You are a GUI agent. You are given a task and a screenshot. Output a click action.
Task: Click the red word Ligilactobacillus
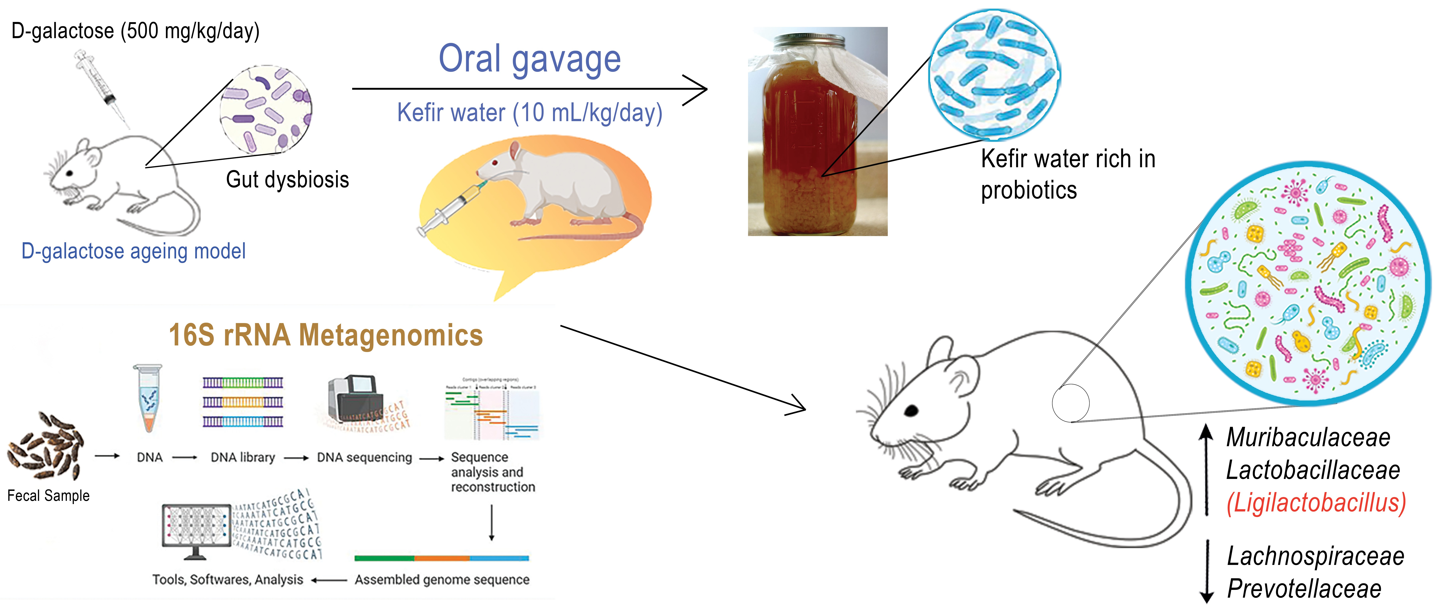click(x=1315, y=503)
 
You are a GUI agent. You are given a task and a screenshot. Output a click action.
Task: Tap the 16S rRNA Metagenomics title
click(x=326, y=335)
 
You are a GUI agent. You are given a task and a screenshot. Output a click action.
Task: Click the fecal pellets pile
click(x=46, y=445)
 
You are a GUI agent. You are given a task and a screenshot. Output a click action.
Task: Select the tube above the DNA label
click(x=148, y=398)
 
